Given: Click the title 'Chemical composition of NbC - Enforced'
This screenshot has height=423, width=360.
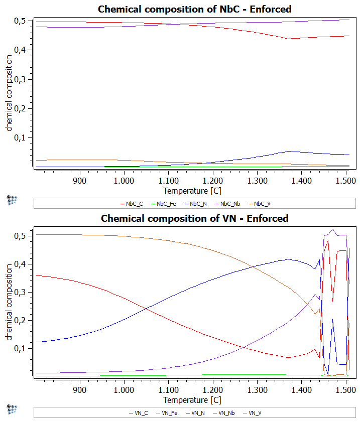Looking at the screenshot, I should (194, 9).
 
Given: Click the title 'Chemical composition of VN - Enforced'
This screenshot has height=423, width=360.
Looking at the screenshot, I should (194, 218).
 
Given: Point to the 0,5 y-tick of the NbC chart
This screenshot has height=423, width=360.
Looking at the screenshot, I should (20, 21).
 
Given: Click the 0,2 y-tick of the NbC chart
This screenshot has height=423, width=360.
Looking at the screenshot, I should (20, 108).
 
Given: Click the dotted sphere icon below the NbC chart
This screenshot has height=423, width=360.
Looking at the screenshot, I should (12, 200).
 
